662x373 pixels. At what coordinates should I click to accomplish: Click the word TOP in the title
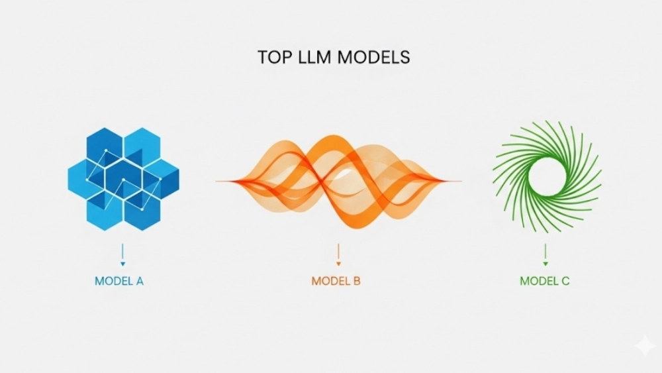pyautogui.click(x=272, y=57)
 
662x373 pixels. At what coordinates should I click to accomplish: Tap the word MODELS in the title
pyautogui.click(x=374, y=57)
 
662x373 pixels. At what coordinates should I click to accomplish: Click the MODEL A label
pyautogui.click(x=119, y=281)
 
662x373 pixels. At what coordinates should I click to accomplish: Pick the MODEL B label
pyautogui.click(x=336, y=281)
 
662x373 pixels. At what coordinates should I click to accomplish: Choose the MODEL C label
pyautogui.click(x=545, y=281)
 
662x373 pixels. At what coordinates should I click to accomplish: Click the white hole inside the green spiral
pyautogui.click(x=547, y=176)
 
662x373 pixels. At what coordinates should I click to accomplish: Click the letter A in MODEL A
pyautogui.click(x=140, y=281)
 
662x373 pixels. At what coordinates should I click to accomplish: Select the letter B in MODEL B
pyautogui.click(x=356, y=281)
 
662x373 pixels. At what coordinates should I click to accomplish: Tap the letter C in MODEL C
pyautogui.click(x=565, y=281)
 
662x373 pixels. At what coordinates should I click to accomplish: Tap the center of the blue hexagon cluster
pyautogui.click(x=124, y=178)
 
